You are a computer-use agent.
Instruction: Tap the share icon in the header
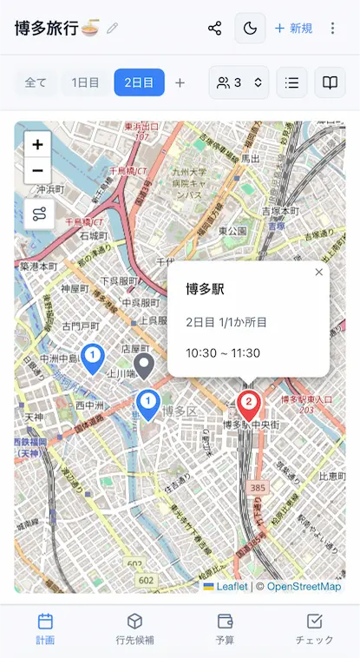click(x=215, y=29)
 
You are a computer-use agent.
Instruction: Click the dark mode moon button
click(x=250, y=29)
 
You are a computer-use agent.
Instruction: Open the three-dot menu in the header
click(x=332, y=29)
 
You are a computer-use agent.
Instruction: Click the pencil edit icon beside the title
click(x=112, y=29)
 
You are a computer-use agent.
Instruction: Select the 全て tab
click(x=36, y=82)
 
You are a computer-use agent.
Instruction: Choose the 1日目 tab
click(x=85, y=82)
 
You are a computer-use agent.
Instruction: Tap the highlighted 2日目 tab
click(x=139, y=82)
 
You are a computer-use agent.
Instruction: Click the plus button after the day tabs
click(x=180, y=82)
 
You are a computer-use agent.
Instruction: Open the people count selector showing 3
click(x=239, y=82)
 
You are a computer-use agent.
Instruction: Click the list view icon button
click(x=291, y=82)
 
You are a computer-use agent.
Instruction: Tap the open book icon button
click(x=330, y=82)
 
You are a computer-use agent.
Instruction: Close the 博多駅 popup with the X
click(x=318, y=273)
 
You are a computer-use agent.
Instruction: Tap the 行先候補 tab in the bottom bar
click(x=134, y=628)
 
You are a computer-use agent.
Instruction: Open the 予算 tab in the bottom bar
click(x=225, y=628)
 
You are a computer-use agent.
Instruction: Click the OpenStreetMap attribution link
click(x=304, y=587)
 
